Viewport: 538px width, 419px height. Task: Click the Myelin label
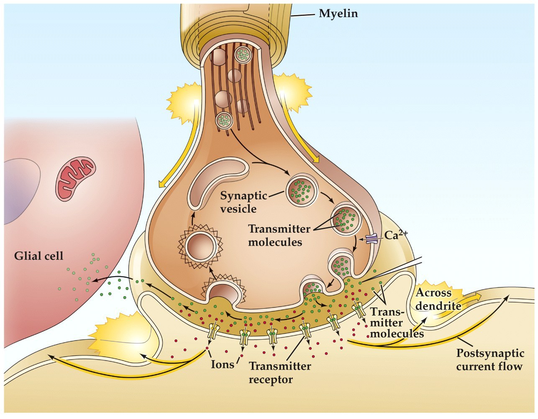point(338,14)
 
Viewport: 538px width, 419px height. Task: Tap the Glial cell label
point(38,255)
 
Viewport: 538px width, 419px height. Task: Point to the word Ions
point(222,364)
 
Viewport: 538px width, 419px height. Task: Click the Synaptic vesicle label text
point(243,202)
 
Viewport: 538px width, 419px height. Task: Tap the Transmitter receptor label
point(280,373)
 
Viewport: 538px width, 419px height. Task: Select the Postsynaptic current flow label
point(489,360)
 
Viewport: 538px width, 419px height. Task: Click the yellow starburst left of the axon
point(183,102)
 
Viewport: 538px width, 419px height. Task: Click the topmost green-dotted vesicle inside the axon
point(243,54)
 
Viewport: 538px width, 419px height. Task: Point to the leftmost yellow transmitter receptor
point(214,331)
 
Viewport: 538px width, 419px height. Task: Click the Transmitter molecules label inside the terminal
point(279,236)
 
